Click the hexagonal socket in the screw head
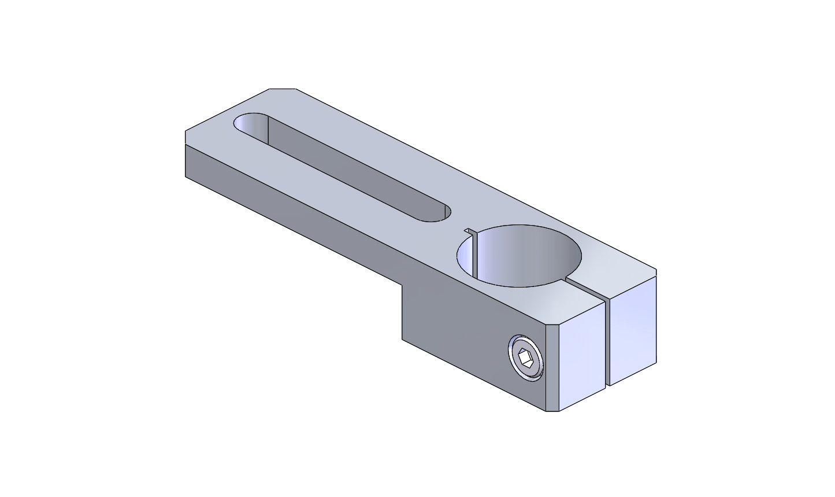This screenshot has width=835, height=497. tap(526, 359)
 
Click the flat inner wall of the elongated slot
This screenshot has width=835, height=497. tap(347, 168)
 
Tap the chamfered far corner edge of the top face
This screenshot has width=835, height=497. tap(283, 89)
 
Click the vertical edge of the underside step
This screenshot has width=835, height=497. tap(403, 312)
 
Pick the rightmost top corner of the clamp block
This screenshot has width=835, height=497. tap(656, 270)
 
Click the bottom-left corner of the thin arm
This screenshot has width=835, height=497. tap(185, 177)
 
